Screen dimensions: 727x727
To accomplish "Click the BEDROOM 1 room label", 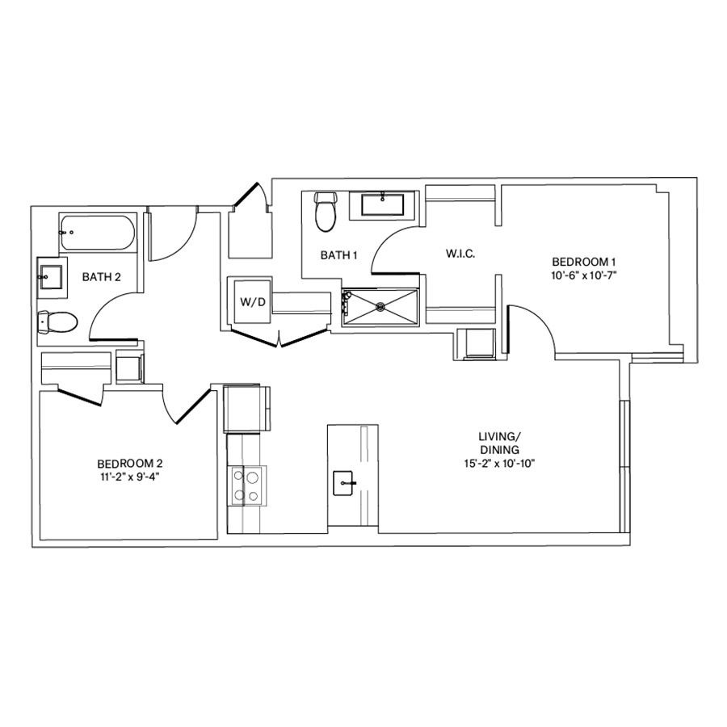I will (x=584, y=262).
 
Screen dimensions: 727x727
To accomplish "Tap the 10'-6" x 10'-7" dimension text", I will (x=584, y=275).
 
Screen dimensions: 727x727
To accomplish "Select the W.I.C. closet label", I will (x=460, y=254).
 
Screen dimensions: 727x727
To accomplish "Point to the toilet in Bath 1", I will (x=326, y=212).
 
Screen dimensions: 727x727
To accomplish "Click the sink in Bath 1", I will (x=383, y=204).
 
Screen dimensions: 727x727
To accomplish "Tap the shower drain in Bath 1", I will (x=380, y=306).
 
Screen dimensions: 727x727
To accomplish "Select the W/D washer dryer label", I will (x=249, y=303).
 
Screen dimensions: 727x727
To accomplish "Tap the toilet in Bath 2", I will (x=57, y=322).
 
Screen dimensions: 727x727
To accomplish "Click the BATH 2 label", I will (x=102, y=277).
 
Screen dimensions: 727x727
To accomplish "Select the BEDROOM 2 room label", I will (x=130, y=464).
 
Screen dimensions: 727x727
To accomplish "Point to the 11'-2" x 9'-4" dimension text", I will (x=130, y=477).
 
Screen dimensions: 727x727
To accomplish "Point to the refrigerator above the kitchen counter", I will (x=246, y=409).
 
